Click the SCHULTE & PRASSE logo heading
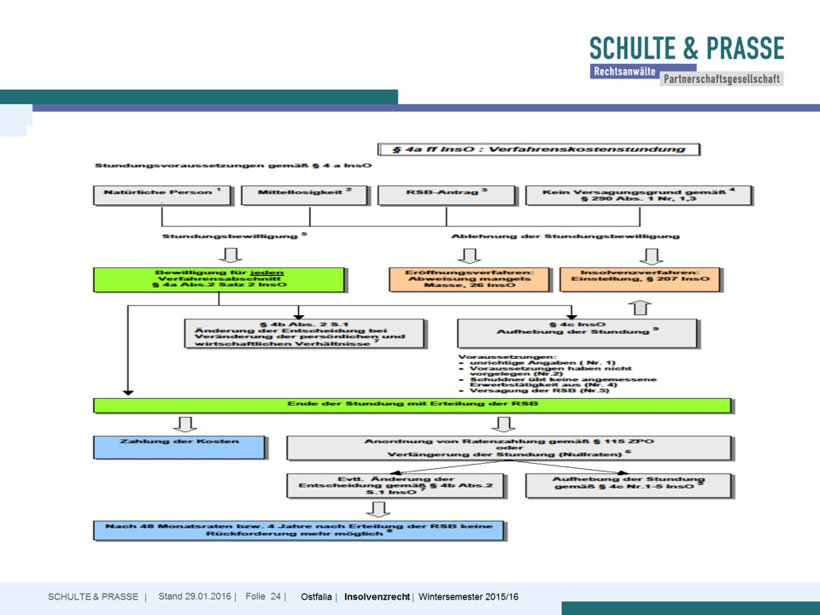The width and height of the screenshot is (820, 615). pyautogui.click(x=686, y=49)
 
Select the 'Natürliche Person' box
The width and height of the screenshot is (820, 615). pyautogui.click(x=162, y=194)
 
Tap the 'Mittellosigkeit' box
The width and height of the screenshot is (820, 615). pyautogui.click(x=305, y=194)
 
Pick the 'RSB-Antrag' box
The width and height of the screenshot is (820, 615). pyautogui.click(x=446, y=194)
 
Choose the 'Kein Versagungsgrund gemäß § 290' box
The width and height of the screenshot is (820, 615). pyautogui.click(x=639, y=195)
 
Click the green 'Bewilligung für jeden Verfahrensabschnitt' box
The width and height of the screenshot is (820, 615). pyautogui.click(x=220, y=279)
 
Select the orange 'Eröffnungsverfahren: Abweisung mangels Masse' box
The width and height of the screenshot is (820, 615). pyautogui.click(x=469, y=279)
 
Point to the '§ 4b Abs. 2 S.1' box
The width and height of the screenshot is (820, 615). pyautogui.click(x=305, y=333)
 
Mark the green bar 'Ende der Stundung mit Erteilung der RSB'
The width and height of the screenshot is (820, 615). pyautogui.click(x=413, y=404)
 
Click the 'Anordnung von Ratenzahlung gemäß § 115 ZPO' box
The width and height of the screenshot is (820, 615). pyautogui.click(x=509, y=448)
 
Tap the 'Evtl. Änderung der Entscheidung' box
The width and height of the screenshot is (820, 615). pyautogui.click(x=396, y=485)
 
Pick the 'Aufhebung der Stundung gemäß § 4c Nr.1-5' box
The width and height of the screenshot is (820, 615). pyautogui.click(x=629, y=484)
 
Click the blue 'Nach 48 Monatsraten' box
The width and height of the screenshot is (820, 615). pyautogui.click(x=299, y=530)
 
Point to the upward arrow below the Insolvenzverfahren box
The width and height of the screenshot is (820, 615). pyautogui.click(x=640, y=307)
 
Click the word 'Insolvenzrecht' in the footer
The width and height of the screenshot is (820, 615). pyautogui.click(x=377, y=596)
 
